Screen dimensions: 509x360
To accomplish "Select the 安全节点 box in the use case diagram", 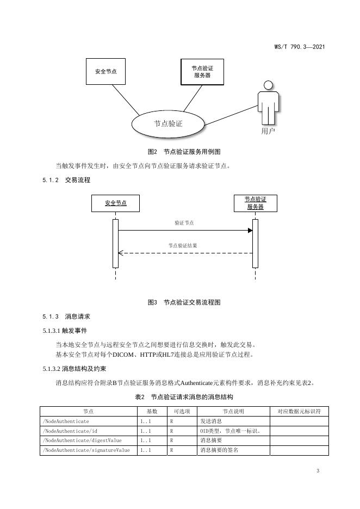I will (105, 71).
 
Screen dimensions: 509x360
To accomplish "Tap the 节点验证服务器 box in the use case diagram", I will (202, 71).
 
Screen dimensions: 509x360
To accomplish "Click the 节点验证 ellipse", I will (168, 123).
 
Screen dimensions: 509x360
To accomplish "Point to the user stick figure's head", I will (268, 85).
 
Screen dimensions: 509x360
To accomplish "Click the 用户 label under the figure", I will (268, 132).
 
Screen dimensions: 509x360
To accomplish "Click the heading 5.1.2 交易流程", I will (66, 179).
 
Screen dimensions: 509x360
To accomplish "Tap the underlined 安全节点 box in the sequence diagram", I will (116, 203).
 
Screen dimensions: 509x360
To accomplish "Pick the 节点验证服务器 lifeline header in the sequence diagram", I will (255, 203).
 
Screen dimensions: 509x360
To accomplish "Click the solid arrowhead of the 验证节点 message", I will (250, 231).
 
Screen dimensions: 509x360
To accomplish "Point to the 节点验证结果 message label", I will (183, 246).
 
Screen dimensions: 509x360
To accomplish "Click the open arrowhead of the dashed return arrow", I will (121, 253).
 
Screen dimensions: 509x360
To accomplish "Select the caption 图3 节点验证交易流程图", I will (184, 302).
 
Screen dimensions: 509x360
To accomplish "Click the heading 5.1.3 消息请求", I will (66, 316).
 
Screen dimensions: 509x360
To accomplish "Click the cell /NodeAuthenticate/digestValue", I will (82, 440).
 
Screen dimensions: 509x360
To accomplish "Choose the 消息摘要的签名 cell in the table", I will (219, 450).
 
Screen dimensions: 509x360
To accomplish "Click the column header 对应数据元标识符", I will (299, 412).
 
